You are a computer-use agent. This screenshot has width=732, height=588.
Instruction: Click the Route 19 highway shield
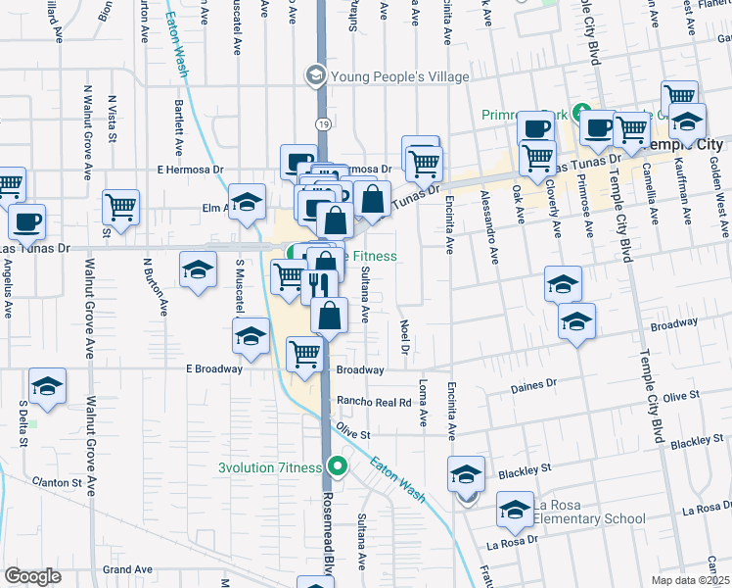click(321, 123)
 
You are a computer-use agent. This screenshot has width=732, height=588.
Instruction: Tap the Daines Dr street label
click(532, 386)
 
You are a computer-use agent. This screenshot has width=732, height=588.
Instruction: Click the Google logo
click(32, 576)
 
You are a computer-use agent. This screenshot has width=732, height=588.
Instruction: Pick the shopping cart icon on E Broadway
click(305, 355)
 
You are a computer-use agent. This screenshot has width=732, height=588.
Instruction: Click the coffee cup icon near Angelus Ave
click(26, 221)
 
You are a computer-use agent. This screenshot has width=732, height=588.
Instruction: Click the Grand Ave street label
click(128, 568)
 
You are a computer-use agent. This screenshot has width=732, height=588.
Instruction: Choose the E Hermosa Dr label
click(187, 170)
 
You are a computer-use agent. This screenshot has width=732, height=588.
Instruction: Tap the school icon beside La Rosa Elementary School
click(514, 509)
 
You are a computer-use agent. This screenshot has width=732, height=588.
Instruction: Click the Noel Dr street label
click(403, 336)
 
